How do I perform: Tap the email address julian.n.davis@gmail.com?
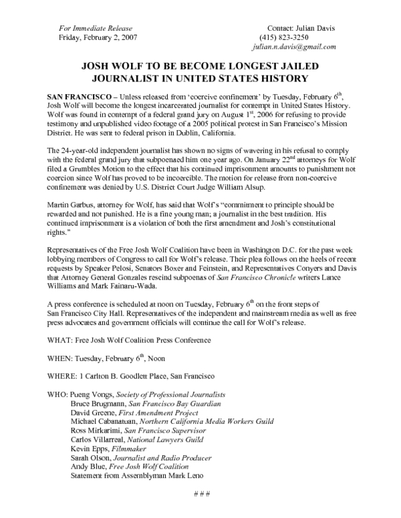[294, 48]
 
